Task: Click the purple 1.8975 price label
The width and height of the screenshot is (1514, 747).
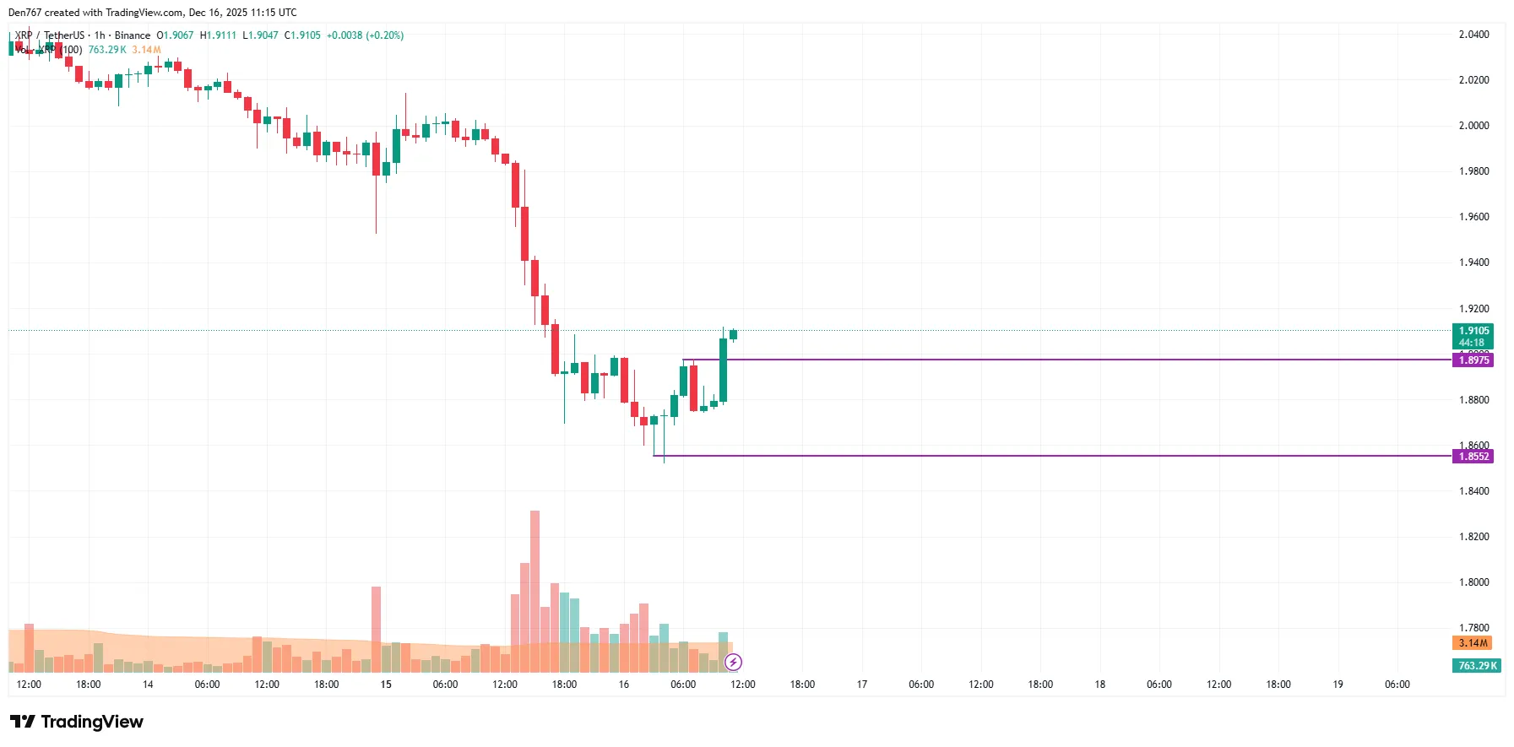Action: pos(1473,360)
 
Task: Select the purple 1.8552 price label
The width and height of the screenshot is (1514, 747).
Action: pos(1473,457)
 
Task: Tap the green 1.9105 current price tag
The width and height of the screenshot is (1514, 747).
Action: pos(1473,331)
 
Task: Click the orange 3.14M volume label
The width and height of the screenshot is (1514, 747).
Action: pos(1473,643)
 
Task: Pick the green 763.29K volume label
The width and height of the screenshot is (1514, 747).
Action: pos(1478,666)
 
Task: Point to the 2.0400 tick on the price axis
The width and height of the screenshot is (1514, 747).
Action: pos(1473,35)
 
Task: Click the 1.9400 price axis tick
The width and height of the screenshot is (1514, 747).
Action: pos(1473,263)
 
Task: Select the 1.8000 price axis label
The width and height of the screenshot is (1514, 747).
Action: pos(1473,582)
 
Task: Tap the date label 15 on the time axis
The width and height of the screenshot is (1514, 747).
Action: pos(386,685)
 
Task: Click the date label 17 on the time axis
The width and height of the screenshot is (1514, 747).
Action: pos(862,685)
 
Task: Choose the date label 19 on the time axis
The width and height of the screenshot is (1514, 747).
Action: pos(1338,685)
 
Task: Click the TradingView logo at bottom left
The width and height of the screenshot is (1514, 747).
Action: pos(77,722)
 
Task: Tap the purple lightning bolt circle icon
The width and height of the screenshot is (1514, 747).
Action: pos(733,662)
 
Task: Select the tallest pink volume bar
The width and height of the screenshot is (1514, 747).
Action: pos(535,591)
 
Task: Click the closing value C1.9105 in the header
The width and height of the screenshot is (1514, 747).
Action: pos(302,35)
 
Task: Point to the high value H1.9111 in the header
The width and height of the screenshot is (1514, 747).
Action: pos(218,35)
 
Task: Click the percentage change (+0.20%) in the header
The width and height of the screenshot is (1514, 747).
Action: pos(384,35)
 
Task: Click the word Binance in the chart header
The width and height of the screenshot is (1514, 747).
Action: pos(133,35)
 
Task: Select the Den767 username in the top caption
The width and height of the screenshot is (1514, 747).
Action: pos(24,13)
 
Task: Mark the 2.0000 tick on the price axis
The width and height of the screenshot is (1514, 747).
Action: pos(1473,126)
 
